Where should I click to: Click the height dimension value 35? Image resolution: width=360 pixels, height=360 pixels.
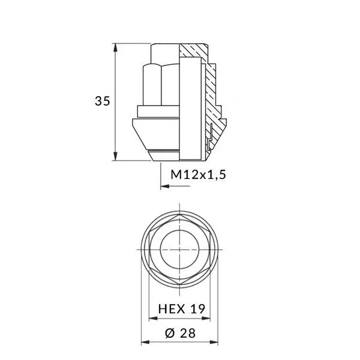coord(103,101)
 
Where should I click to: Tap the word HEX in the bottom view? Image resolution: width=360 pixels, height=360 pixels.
coord(171,308)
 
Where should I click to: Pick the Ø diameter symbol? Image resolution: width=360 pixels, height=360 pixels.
coord(169,333)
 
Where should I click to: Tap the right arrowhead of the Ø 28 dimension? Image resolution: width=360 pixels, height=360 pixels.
coord(217,344)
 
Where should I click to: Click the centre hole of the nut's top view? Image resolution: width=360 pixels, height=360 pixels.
coord(180,249)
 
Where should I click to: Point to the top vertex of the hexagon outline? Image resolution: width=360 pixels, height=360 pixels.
coord(180,215)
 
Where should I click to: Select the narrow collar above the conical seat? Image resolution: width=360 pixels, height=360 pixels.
coord(157,111)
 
